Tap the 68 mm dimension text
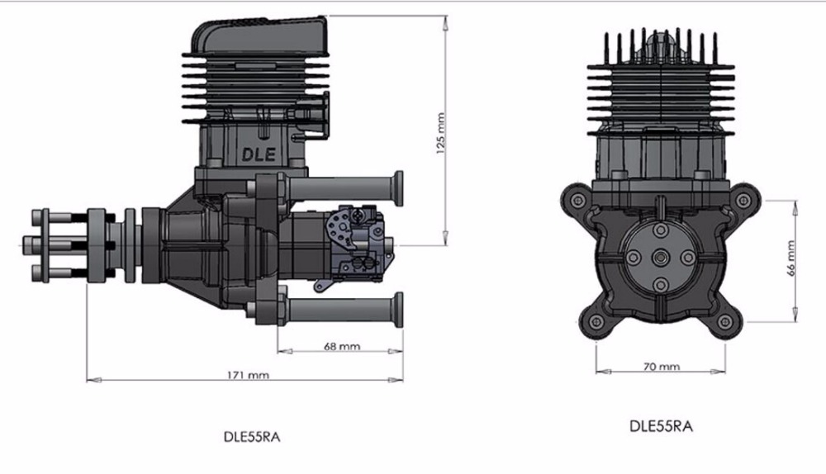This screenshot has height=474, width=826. (x=339, y=346)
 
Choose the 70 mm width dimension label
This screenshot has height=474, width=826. (x=661, y=367)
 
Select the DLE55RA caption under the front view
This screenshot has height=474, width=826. (x=661, y=427)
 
